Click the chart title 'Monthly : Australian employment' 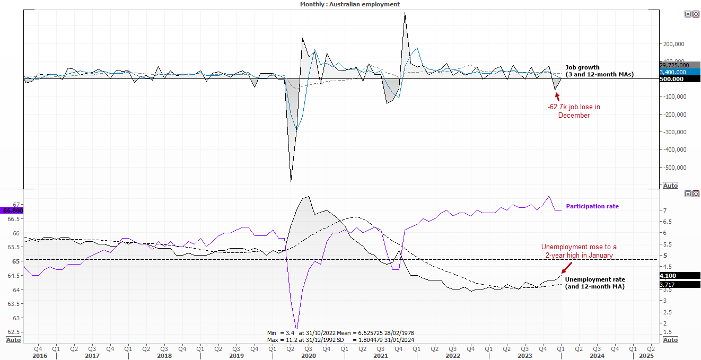pyautogui.click(x=349, y=4)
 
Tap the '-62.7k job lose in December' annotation pyautogui.click(x=574, y=111)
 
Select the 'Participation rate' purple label pyautogui.click(x=592, y=206)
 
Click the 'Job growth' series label pyautogui.click(x=582, y=67)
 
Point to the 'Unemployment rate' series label pyautogui.click(x=595, y=279)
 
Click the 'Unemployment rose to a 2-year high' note pyautogui.click(x=579, y=251)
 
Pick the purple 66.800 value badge pyautogui.click(x=12, y=210)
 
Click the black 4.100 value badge pyautogui.click(x=680, y=276)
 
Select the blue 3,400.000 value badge pyautogui.click(x=680, y=72)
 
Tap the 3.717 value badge pyautogui.click(x=680, y=285)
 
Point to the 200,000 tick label pyautogui.click(x=673, y=44)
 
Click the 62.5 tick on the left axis pyautogui.click(x=13, y=332)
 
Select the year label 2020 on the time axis pyautogui.click(x=309, y=356)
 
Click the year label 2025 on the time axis pyautogui.click(x=646, y=356)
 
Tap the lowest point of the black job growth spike pyautogui.click(x=291, y=182)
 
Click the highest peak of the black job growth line pyautogui.click(x=405, y=13)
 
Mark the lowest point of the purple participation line pyautogui.click(x=296, y=329)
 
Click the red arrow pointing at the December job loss pyautogui.click(x=557, y=96)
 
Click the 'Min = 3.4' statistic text pyautogui.click(x=281, y=333)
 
